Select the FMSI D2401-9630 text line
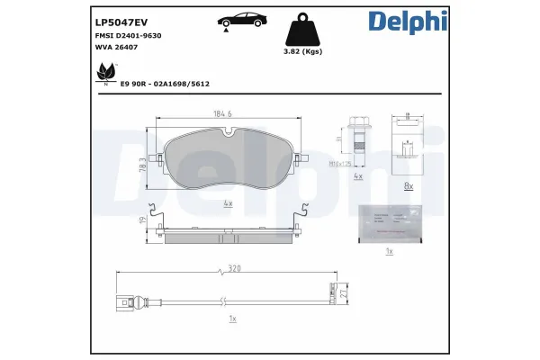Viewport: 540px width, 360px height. click(128, 37)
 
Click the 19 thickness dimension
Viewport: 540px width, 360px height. click(143, 219)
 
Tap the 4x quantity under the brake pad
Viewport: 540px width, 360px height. click(228, 203)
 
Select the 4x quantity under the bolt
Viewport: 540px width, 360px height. click(357, 177)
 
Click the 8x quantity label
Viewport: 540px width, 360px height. click(408, 186)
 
